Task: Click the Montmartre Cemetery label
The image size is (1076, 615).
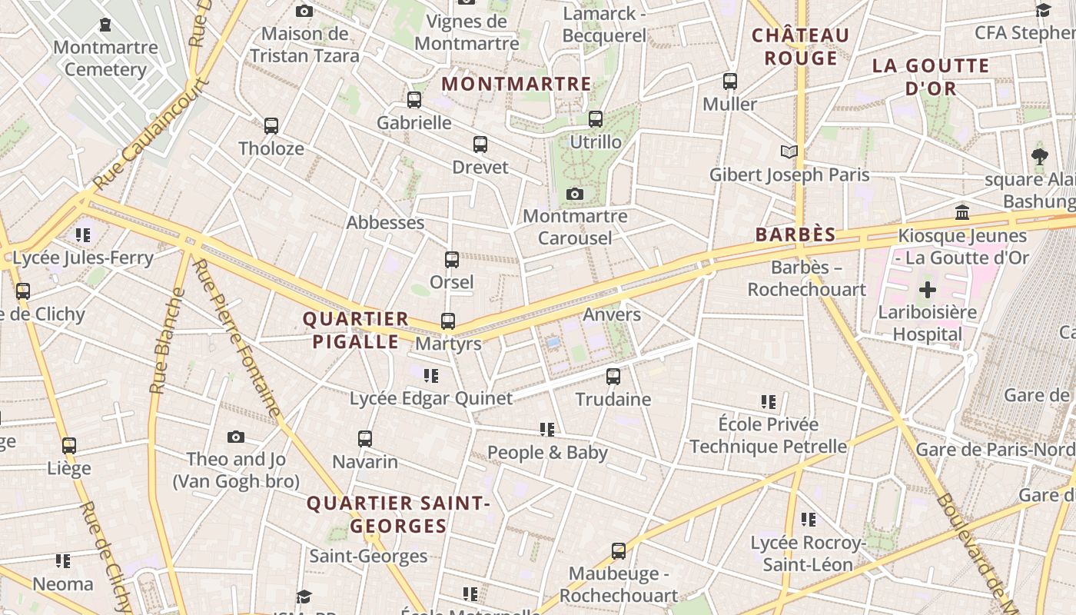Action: point(105,58)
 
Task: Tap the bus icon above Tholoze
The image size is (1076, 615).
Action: point(271,125)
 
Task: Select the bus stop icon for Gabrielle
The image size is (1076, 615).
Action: point(414,99)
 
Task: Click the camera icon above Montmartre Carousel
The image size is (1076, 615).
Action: point(575,194)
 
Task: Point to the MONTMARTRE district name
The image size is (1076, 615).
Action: point(516,84)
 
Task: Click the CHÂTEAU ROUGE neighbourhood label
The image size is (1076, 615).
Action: point(800,46)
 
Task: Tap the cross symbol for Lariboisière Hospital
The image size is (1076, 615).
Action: point(928,290)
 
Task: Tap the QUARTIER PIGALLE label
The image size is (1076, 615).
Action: point(355,330)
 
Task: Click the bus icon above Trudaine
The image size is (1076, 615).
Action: point(613,377)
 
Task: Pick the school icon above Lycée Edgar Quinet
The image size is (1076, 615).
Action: point(431,376)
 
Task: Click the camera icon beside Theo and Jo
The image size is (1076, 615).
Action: point(236,437)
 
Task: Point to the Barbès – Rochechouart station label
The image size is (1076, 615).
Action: point(807,278)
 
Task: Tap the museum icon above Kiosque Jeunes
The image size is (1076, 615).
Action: point(961,212)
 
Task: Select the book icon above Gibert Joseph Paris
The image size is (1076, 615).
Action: point(789,151)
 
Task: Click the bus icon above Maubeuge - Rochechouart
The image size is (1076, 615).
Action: point(619,550)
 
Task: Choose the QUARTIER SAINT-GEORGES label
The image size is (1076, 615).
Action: point(398,514)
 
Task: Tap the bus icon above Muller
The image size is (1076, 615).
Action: point(729,81)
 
